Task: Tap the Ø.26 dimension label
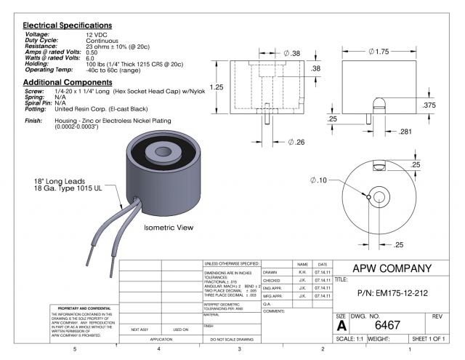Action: point(279,140)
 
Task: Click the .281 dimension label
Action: point(407,131)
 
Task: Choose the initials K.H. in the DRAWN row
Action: point(302,272)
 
